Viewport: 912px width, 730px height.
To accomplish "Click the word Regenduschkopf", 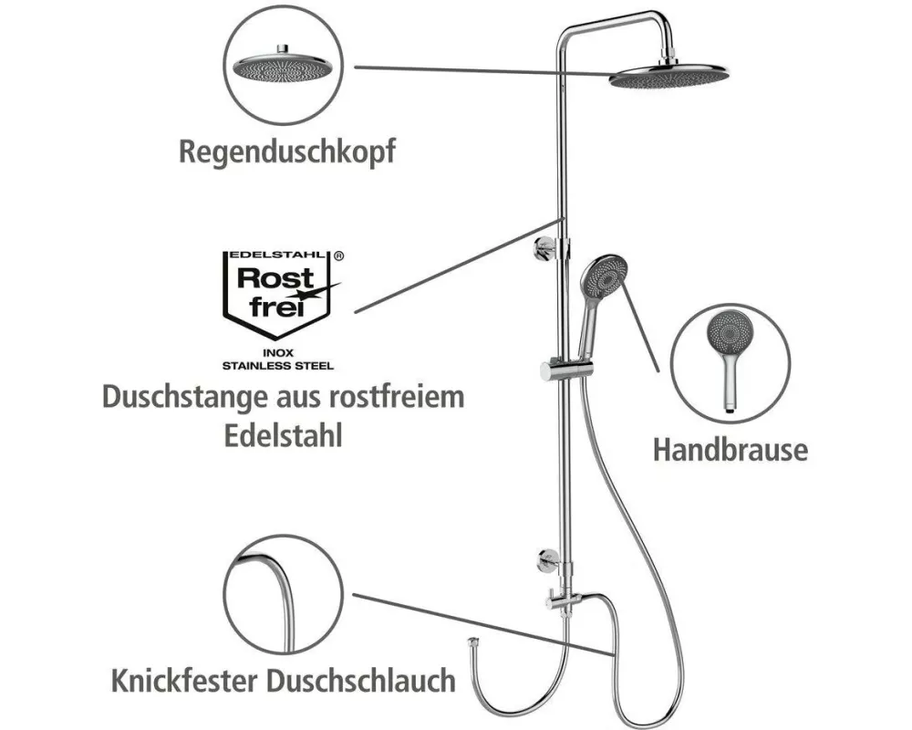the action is (x=287, y=151).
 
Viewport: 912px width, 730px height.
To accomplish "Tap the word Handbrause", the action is (x=730, y=450).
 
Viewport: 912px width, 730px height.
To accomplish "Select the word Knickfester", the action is (x=184, y=680).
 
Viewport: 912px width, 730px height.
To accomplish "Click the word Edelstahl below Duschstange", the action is (x=284, y=435).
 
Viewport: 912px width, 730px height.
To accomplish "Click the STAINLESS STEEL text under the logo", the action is (x=278, y=366).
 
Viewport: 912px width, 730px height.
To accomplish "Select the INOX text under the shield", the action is (x=278, y=353).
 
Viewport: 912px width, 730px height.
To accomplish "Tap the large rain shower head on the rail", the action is (x=668, y=76).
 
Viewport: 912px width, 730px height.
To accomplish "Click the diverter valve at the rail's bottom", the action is (x=561, y=600).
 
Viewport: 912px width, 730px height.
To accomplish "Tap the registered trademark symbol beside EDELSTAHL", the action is (x=339, y=255).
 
